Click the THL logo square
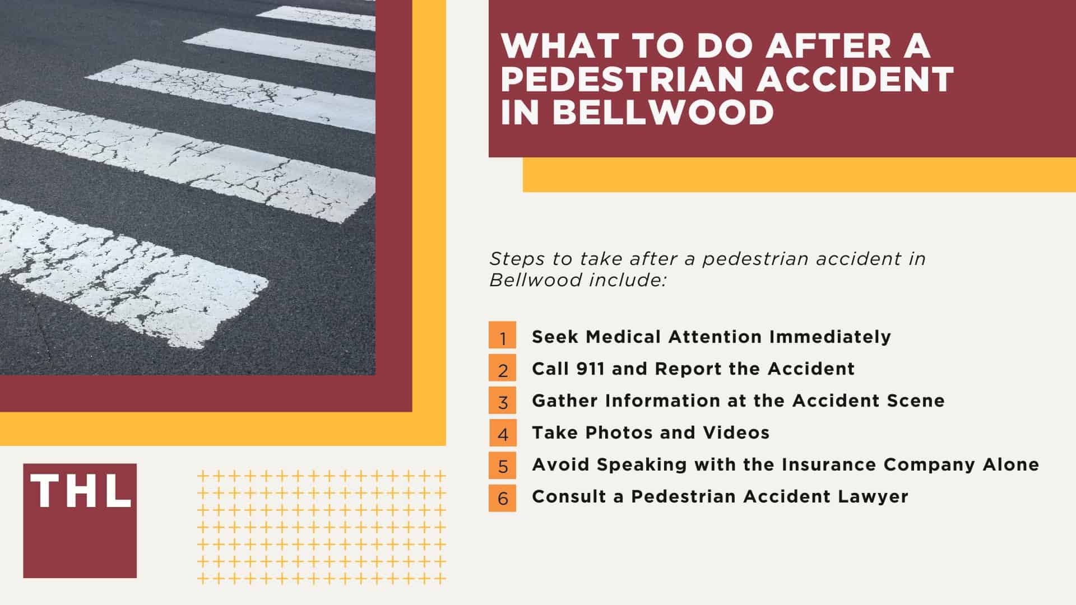coord(80,520)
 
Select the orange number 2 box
coord(503,369)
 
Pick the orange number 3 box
coord(503,401)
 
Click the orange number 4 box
coord(503,433)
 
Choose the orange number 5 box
coord(503,465)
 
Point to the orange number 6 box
coord(503,497)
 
